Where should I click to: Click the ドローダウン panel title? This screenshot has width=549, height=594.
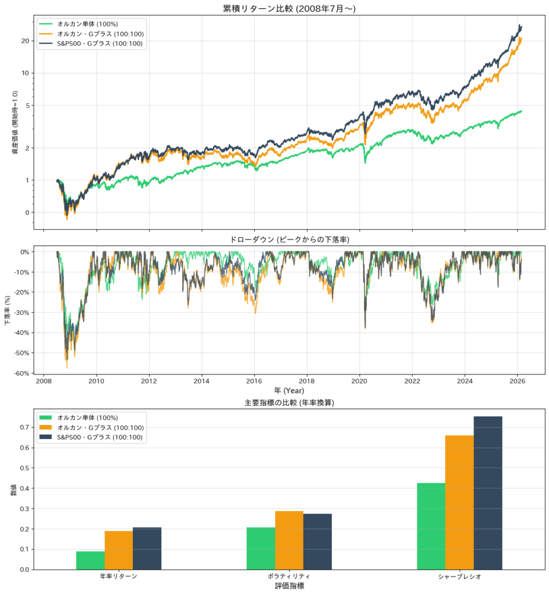click(289, 239)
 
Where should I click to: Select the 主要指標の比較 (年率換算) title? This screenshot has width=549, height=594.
click(289, 403)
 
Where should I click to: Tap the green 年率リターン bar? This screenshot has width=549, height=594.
click(90, 560)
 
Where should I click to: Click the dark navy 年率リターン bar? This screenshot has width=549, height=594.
click(147, 548)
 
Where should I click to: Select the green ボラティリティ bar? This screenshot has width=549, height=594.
click(261, 548)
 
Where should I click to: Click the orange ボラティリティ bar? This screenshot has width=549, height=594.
click(289, 540)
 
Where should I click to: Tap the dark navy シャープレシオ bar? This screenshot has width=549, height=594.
click(487, 492)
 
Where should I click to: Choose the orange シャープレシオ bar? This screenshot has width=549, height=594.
click(459, 502)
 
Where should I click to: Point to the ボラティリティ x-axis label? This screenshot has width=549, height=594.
click(289, 577)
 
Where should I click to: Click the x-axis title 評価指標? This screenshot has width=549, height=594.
click(289, 586)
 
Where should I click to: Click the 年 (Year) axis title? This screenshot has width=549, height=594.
click(289, 390)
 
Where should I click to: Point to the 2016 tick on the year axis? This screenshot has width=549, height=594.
click(254, 381)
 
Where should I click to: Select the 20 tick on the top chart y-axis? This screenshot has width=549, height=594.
click(25, 41)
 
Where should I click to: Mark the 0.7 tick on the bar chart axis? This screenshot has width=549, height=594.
click(25, 428)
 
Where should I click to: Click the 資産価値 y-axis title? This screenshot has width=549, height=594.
click(15, 122)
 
